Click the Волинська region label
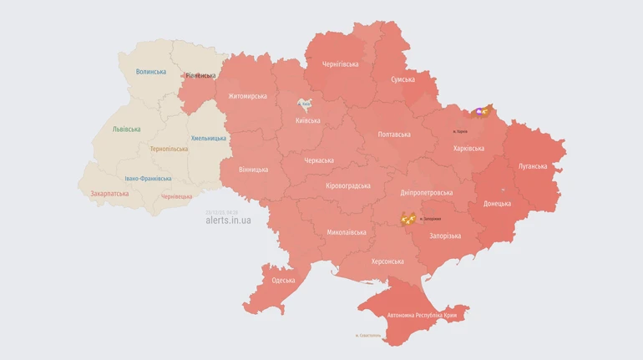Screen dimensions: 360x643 (x=151, y=72)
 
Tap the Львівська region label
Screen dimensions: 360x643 (x=127, y=129)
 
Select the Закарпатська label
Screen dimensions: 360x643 (x=109, y=193)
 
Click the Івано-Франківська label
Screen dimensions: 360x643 (x=148, y=178)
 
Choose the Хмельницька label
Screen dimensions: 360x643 (x=208, y=138)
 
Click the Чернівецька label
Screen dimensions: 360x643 (x=176, y=196)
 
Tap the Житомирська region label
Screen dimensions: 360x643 (x=247, y=96)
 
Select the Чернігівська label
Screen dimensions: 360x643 (x=340, y=64)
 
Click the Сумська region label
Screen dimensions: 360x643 (x=403, y=79)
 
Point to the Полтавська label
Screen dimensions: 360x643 (x=394, y=134)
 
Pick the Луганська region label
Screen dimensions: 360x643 (x=532, y=166)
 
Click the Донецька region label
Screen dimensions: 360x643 (x=497, y=204)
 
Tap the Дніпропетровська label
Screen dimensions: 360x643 (x=426, y=192)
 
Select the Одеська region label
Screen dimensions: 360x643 (x=283, y=281)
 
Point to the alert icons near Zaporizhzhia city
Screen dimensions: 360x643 (x=408, y=220)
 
